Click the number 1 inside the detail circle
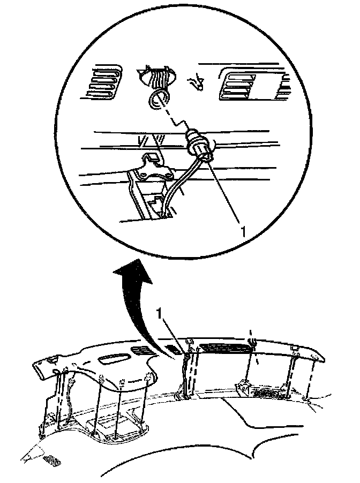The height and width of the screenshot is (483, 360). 244,231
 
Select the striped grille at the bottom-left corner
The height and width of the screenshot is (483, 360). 51,459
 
